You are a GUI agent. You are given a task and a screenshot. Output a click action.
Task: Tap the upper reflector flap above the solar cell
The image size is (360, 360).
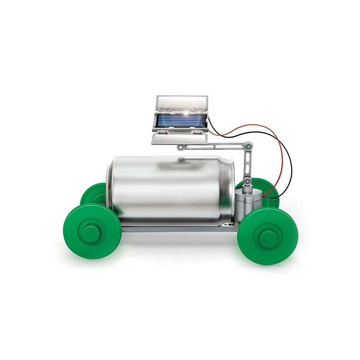click(181, 103)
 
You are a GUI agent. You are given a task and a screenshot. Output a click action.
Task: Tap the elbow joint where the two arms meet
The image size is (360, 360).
click(248, 146)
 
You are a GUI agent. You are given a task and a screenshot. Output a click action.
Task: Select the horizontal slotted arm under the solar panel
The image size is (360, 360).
click(214, 147)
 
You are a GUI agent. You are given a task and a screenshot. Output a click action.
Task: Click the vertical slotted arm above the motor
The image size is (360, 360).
click(248, 164)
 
